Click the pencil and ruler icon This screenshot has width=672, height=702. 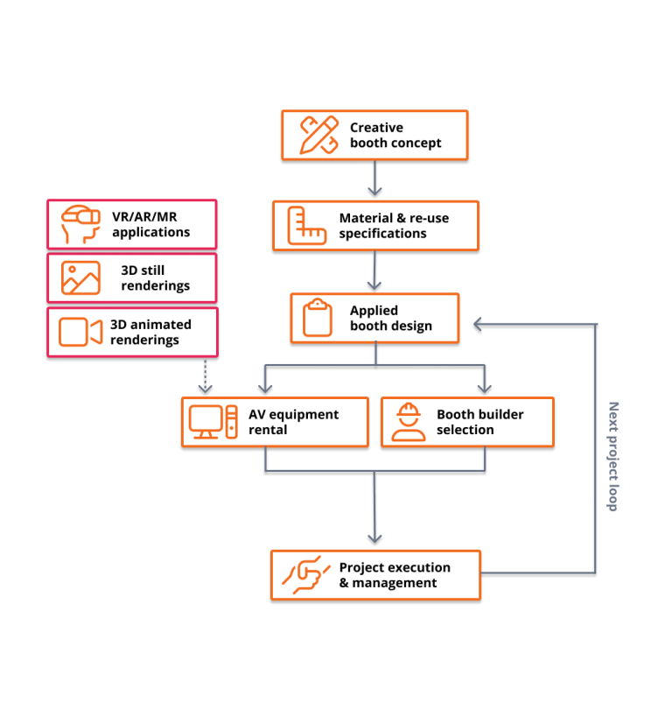[318, 136]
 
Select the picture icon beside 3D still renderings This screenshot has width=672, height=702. [80, 277]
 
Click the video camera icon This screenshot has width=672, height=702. [80, 332]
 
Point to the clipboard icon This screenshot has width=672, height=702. [318, 318]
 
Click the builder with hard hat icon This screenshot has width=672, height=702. [408, 423]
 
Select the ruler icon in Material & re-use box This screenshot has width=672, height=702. [307, 226]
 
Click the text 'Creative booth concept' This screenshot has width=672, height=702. [395, 136]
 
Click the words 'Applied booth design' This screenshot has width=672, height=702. [390, 318]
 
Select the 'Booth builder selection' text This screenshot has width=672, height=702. [479, 422]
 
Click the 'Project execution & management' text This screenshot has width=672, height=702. [395, 575]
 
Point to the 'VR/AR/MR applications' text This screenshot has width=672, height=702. [150, 225]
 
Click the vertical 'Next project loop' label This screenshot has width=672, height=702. [612, 456]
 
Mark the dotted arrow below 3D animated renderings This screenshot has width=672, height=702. [206, 377]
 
